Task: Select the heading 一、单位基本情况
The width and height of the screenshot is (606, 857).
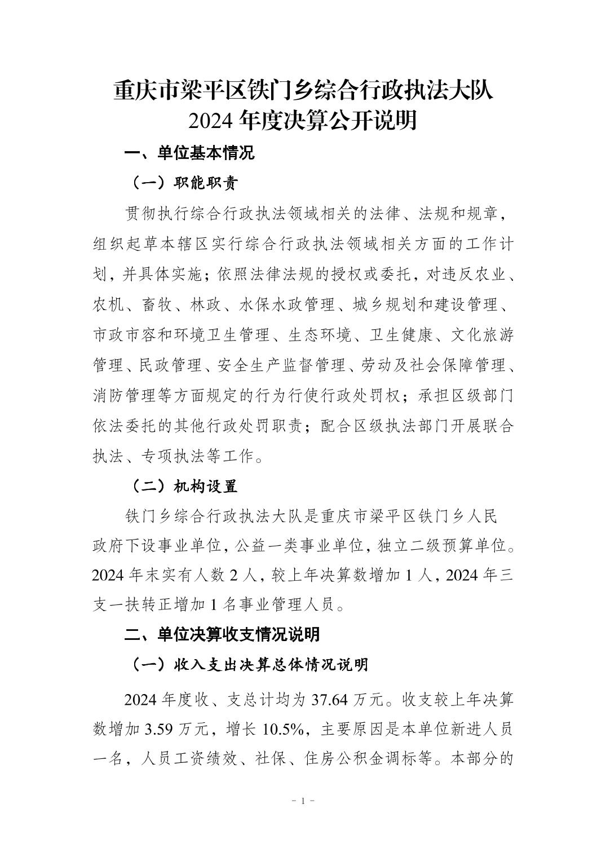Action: coord(189,153)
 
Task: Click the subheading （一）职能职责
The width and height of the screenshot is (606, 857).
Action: coord(184,183)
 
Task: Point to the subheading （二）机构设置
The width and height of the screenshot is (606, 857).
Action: coord(184,486)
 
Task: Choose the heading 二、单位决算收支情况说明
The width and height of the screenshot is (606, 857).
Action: coord(222,634)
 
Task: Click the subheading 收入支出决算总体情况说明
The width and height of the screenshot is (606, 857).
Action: coord(271,665)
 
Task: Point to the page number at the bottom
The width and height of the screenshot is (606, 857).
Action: coord(303,801)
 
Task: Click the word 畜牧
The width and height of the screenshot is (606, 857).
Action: coord(158,305)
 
